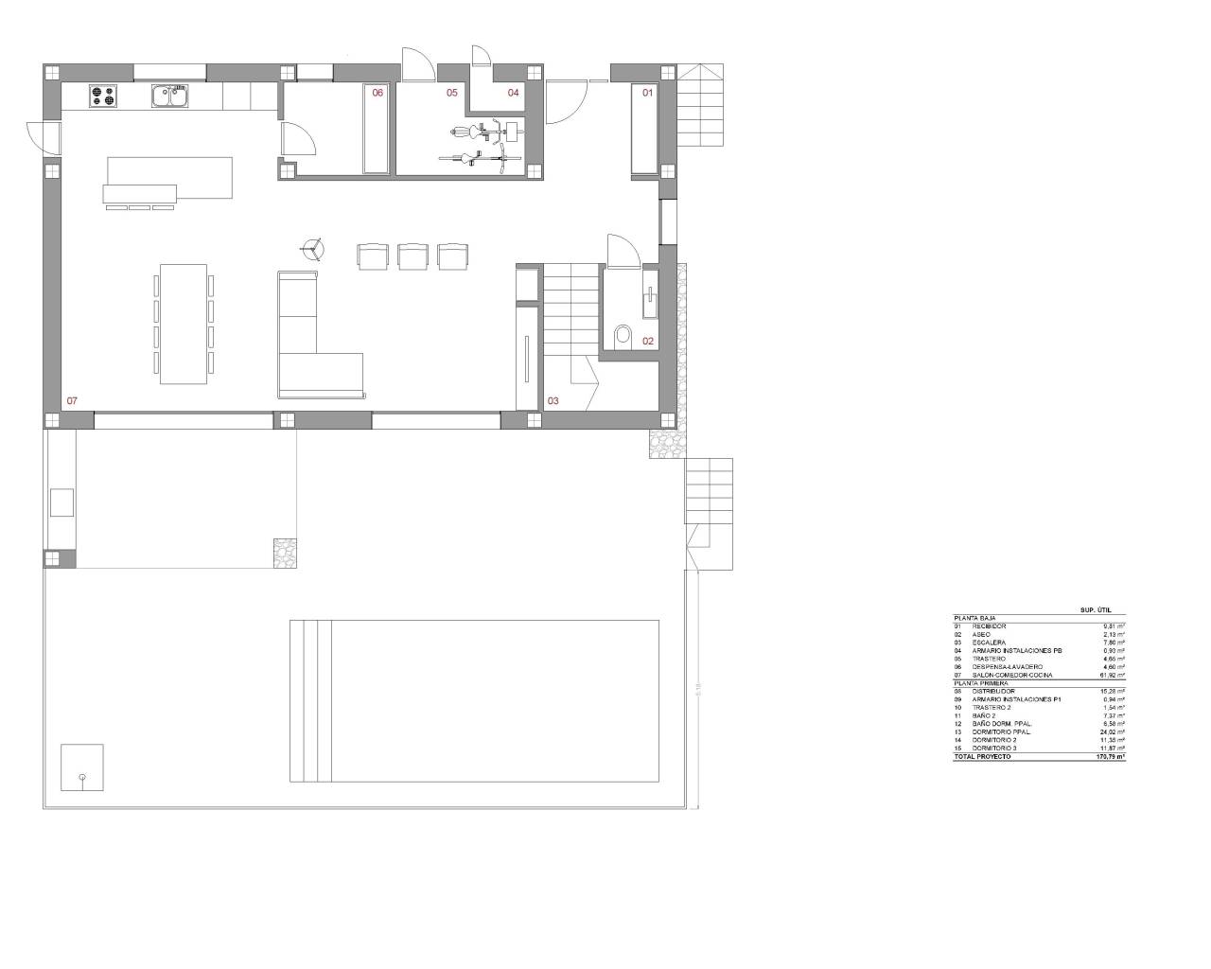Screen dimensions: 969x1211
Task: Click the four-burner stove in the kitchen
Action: coord(102,96)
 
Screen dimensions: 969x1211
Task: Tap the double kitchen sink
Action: coord(170,96)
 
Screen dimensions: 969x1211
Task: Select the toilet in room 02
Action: coord(623,335)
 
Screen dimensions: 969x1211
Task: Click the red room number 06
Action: coord(377,93)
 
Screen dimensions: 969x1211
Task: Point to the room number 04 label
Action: coord(514,93)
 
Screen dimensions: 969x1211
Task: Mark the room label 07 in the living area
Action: coord(72,401)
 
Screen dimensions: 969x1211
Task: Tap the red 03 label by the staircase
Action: coord(553,401)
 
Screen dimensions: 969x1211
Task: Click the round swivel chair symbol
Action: coord(312,250)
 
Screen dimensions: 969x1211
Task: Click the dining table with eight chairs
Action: coord(184,324)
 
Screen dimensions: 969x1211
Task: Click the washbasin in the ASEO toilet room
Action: coord(650,301)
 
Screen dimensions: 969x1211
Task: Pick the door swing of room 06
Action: coord(298,139)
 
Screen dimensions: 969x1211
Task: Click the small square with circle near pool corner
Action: coord(81,767)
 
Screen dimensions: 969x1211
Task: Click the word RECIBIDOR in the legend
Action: coord(990,626)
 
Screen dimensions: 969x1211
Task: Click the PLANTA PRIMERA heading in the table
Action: coord(981,683)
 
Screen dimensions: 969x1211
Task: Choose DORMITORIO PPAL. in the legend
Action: coord(1002,732)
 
